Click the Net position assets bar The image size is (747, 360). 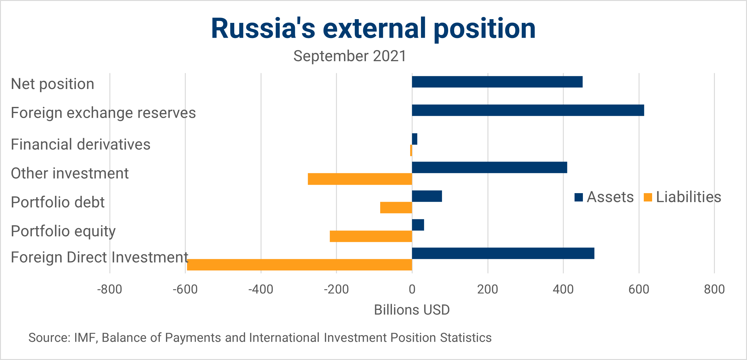497,82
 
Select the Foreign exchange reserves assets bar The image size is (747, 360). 528,110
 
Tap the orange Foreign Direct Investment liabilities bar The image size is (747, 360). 299,265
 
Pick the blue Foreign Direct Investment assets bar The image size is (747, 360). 503,253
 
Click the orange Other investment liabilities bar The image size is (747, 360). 360,179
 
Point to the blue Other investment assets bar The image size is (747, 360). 489,167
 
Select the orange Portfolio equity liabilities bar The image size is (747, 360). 371,236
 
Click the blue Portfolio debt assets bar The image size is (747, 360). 427,196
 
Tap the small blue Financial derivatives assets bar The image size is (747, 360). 414,139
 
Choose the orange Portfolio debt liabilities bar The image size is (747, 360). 396,208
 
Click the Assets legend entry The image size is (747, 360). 604,197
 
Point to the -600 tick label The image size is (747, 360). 185,290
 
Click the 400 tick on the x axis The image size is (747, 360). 563,290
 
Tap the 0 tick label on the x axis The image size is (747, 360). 412,290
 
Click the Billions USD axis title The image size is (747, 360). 412,310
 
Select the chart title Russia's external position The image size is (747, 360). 373,28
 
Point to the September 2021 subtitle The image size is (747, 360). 350,56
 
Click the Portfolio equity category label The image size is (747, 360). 63,231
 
